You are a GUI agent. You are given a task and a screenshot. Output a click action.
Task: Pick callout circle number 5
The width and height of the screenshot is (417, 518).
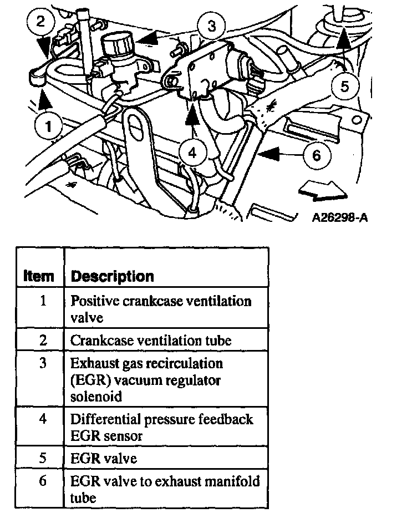click(344, 86)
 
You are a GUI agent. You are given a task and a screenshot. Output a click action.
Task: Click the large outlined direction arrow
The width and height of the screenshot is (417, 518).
click(322, 192)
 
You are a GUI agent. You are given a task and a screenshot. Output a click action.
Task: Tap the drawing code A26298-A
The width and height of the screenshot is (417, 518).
click(340, 217)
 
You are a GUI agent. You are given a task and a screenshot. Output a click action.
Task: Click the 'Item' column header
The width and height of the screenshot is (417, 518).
click(39, 276)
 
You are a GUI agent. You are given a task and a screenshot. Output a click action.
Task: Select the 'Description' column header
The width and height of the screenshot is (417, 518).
click(113, 276)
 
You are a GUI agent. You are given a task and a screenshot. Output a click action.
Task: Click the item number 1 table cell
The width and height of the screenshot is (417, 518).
click(43, 301)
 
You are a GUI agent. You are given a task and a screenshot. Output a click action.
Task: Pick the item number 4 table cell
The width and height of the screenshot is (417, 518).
click(43, 419)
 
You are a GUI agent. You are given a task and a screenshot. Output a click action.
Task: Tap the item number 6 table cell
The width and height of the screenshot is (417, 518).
click(43, 480)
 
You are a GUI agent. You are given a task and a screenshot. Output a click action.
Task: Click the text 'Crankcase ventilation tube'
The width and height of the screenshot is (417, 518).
click(150, 340)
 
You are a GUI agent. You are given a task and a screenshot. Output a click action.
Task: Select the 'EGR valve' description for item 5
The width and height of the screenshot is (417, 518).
click(103, 459)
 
